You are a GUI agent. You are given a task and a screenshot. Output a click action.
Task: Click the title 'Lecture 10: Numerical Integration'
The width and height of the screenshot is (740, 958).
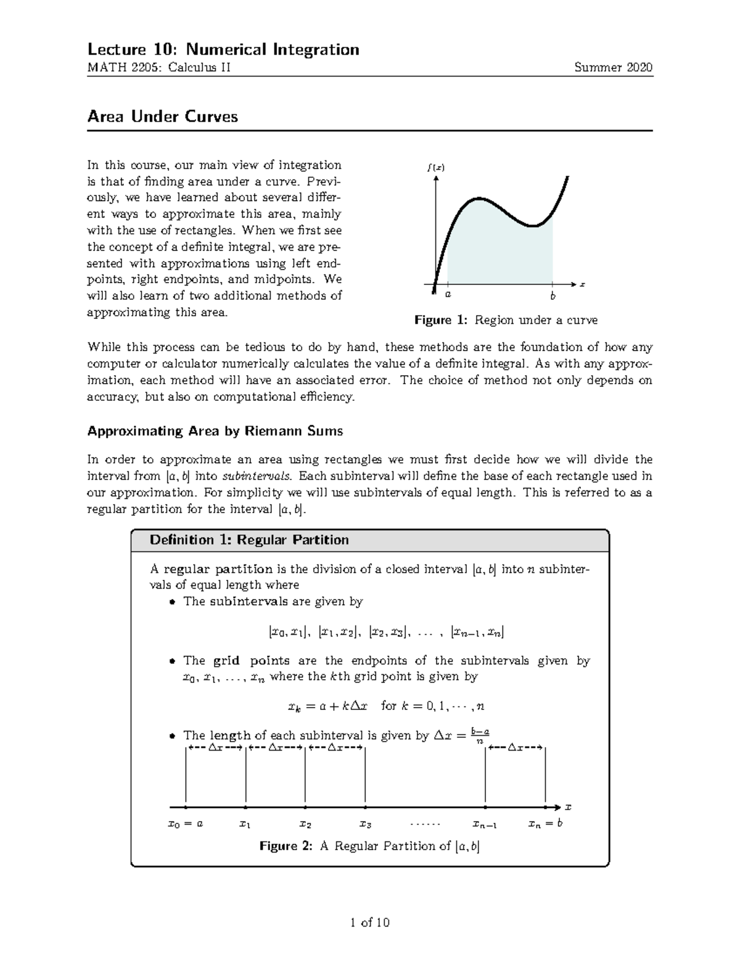click(223, 49)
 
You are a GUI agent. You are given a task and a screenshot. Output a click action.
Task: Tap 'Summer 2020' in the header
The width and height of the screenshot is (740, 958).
click(613, 68)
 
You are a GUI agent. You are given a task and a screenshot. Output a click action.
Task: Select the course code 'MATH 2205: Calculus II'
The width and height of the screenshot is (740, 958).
click(159, 68)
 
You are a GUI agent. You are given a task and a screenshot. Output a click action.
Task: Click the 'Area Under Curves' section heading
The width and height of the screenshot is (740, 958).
click(162, 117)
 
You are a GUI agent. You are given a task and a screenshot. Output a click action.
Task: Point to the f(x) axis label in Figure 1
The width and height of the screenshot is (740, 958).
click(435, 168)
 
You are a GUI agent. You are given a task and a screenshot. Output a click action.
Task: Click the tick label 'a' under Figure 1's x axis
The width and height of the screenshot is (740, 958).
click(448, 295)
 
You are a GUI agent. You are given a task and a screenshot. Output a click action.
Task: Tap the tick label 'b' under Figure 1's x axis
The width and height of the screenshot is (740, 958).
click(553, 296)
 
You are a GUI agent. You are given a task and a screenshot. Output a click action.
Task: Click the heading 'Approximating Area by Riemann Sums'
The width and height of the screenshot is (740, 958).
click(215, 431)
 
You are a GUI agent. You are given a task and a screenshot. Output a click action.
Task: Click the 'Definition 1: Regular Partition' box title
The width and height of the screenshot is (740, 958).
click(249, 540)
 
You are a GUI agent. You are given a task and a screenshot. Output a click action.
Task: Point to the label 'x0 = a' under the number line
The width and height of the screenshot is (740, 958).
click(186, 824)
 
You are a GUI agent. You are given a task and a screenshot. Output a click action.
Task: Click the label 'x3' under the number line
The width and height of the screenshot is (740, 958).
click(365, 824)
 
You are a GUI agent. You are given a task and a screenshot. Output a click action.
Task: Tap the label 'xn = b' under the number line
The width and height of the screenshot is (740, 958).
click(545, 824)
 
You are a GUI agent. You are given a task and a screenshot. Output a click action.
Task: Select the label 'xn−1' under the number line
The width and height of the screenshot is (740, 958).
click(485, 824)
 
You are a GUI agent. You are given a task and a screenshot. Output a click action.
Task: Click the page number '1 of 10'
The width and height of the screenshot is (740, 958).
click(369, 923)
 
